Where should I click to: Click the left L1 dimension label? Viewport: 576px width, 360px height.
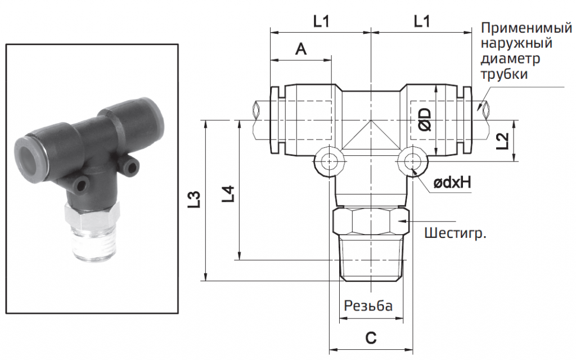(x=321, y=21)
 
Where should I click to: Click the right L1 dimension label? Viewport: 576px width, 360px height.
(x=422, y=21)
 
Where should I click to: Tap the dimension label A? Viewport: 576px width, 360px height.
(x=301, y=48)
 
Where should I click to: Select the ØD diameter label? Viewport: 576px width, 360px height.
(x=425, y=119)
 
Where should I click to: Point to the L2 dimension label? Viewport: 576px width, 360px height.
(x=502, y=141)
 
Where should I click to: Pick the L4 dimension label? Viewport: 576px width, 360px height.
(x=228, y=193)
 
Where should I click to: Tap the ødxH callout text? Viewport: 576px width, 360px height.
(x=452, y=182)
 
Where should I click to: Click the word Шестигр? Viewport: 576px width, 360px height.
(x=455, y=233)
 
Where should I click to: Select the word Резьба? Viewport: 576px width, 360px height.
(x=368, y=305)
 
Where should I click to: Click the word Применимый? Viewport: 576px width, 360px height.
(x=526, y=28)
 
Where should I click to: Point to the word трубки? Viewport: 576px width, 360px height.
(x=505, y=74)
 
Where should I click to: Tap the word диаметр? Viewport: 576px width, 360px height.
(x=510, y=58)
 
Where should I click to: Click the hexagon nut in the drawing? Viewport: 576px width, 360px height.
(x=371, y=221)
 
